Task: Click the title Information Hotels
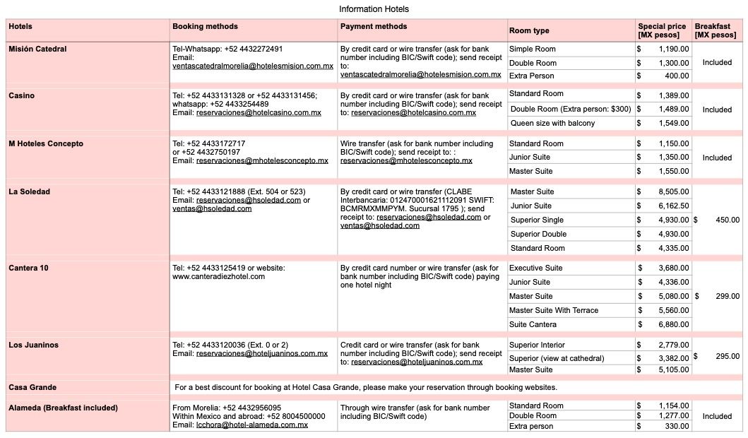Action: tap(374, 9)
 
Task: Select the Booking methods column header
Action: tap(205, 27)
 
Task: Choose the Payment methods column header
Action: tap(374, 27)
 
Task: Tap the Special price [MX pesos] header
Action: tap(662, 30)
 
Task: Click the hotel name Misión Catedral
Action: tap(37, 49)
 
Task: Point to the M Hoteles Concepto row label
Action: tap(46, 143)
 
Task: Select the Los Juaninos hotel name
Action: tap(33, 345)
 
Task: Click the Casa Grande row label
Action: tap(32, 387)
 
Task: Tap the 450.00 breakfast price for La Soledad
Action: tap(728, 220)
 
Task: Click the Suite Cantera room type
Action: tap(533, 324)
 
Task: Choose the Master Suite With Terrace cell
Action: tap(553, 310)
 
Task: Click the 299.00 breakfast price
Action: tap(728, 296)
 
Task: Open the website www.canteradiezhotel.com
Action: tap(218, 276)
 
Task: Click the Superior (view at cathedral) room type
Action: tap(557, 358)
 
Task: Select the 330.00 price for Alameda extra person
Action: tap(676, 426)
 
